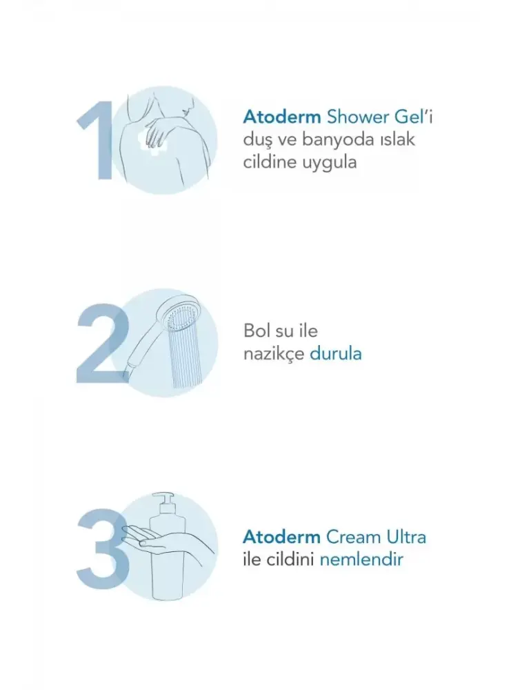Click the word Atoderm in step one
click(282, 117)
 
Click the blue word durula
click(336, 353)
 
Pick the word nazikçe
click(274, 354)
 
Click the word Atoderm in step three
click(282, 538)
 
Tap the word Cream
click(353, 538)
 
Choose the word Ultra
click(406, 537)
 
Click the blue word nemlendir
click(361, 560)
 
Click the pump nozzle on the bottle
click(165, 499)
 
